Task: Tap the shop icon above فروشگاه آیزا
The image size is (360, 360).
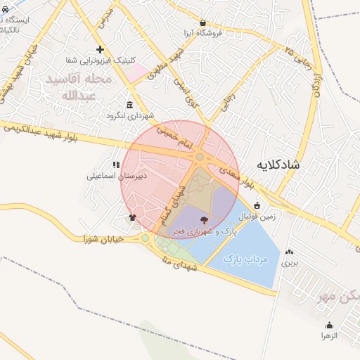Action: click(x=202, y=22)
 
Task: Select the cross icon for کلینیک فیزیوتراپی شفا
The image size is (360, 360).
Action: click(x=101, y=49)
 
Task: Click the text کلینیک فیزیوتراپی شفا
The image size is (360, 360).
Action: click(x=100, y=60)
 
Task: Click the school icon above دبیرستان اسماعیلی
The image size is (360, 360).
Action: click(x=116, y=165)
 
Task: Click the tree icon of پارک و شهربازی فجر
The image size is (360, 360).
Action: click(x=204, y=220)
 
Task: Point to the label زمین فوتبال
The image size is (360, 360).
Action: click(x=257, y=217)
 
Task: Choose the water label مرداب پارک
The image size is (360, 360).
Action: click(x=246, y=259)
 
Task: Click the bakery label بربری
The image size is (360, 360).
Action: click(x=290, y=264)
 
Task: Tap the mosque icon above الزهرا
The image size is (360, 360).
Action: click(x=329, y=325)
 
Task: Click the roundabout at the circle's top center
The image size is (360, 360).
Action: click(x=200, y=157)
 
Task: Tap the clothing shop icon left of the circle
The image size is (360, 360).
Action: click(x=132, y=217)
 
